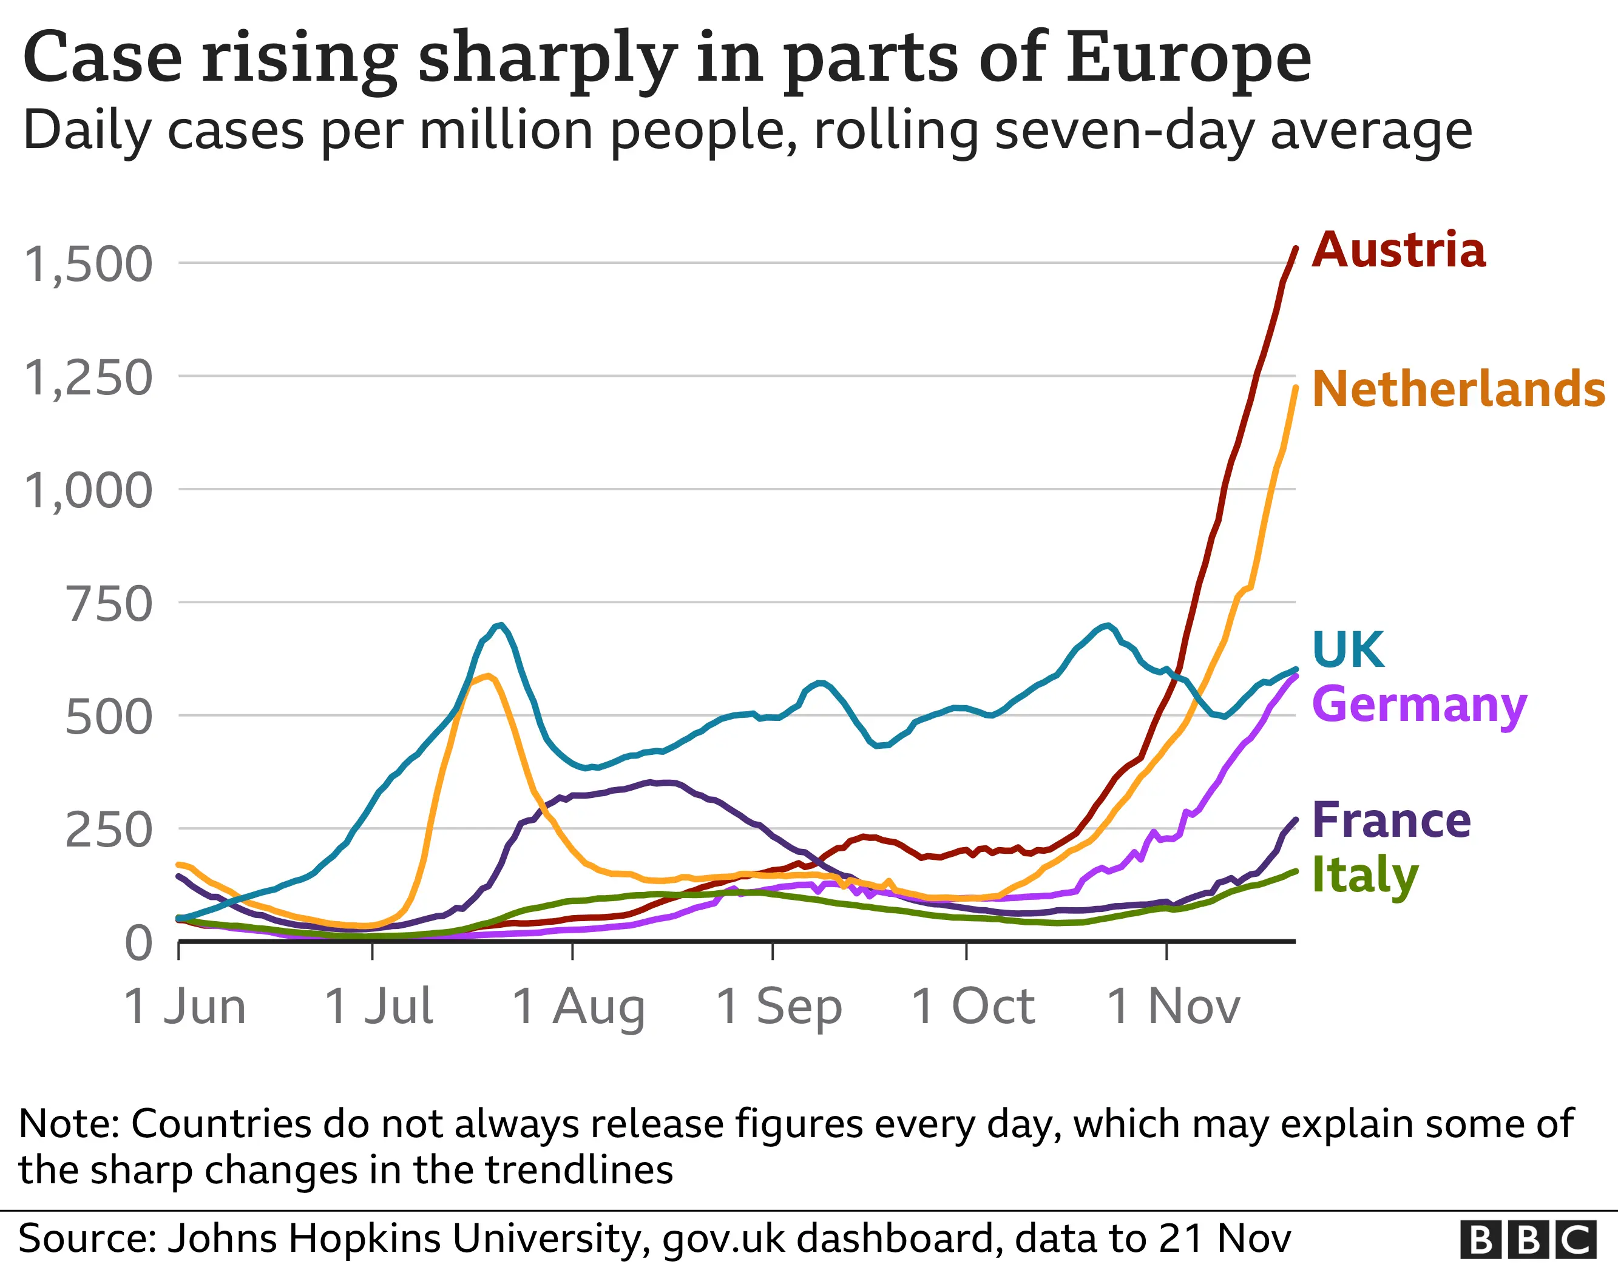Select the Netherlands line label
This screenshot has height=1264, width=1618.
(x=1458, y=389)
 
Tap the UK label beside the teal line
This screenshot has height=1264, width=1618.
(x=1347, y=650)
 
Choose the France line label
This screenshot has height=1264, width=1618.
(x=1390, y=820)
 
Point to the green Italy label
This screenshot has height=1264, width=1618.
(x=1364, y=875)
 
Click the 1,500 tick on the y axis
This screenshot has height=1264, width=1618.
(x=88, y=265)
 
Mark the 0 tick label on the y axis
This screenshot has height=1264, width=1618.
(x=138, y=943)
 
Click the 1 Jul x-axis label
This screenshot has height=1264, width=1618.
(x=379, y=1006)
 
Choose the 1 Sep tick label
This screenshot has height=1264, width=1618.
(x=779, y=1006)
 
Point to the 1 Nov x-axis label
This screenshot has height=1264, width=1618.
(x=1173, y=1006)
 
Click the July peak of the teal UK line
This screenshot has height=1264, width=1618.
(x=501, y=624)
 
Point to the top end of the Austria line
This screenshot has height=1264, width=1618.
(x=1295, y=248)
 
